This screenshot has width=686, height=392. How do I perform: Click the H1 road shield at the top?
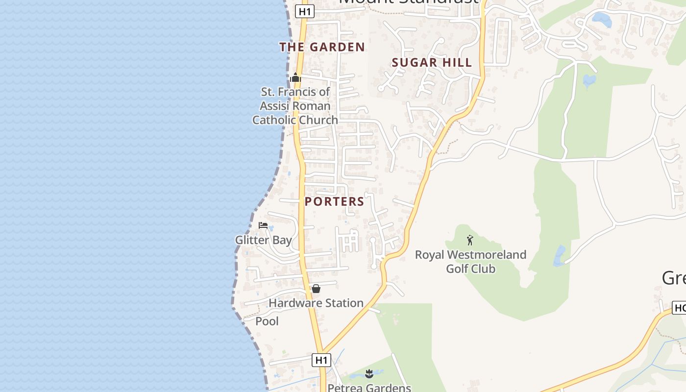[x=304, y=11]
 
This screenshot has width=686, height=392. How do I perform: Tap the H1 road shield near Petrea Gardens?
[x=321, y=360]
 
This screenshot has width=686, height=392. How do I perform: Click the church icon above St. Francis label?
[x=295, y=77]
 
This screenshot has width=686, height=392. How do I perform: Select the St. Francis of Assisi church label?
[x=295, y=106]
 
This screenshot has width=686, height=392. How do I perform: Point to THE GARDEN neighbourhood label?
[x=322, y=47]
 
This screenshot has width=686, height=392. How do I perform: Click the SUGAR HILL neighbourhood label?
[x=432, y=63]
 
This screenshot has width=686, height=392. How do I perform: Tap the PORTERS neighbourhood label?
[x=334, y=201]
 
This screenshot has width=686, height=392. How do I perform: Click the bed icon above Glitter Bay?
[x=263, y=225]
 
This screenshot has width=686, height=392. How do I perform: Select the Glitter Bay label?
[x=263, y=240]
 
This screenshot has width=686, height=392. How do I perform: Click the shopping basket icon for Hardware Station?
[x=316, y=289]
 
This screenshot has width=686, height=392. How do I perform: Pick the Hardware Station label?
[x=316, y=303]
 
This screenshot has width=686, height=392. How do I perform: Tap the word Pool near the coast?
[x=267, y=321]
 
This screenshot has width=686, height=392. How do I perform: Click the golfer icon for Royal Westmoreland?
[x=470, y=240]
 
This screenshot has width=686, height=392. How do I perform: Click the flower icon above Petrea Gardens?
[x=369, y=374]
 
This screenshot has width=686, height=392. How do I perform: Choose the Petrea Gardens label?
[x=369, y=388]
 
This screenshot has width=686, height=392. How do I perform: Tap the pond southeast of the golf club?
[x=559, y=255]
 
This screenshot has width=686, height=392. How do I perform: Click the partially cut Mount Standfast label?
[x=408, y=2]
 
